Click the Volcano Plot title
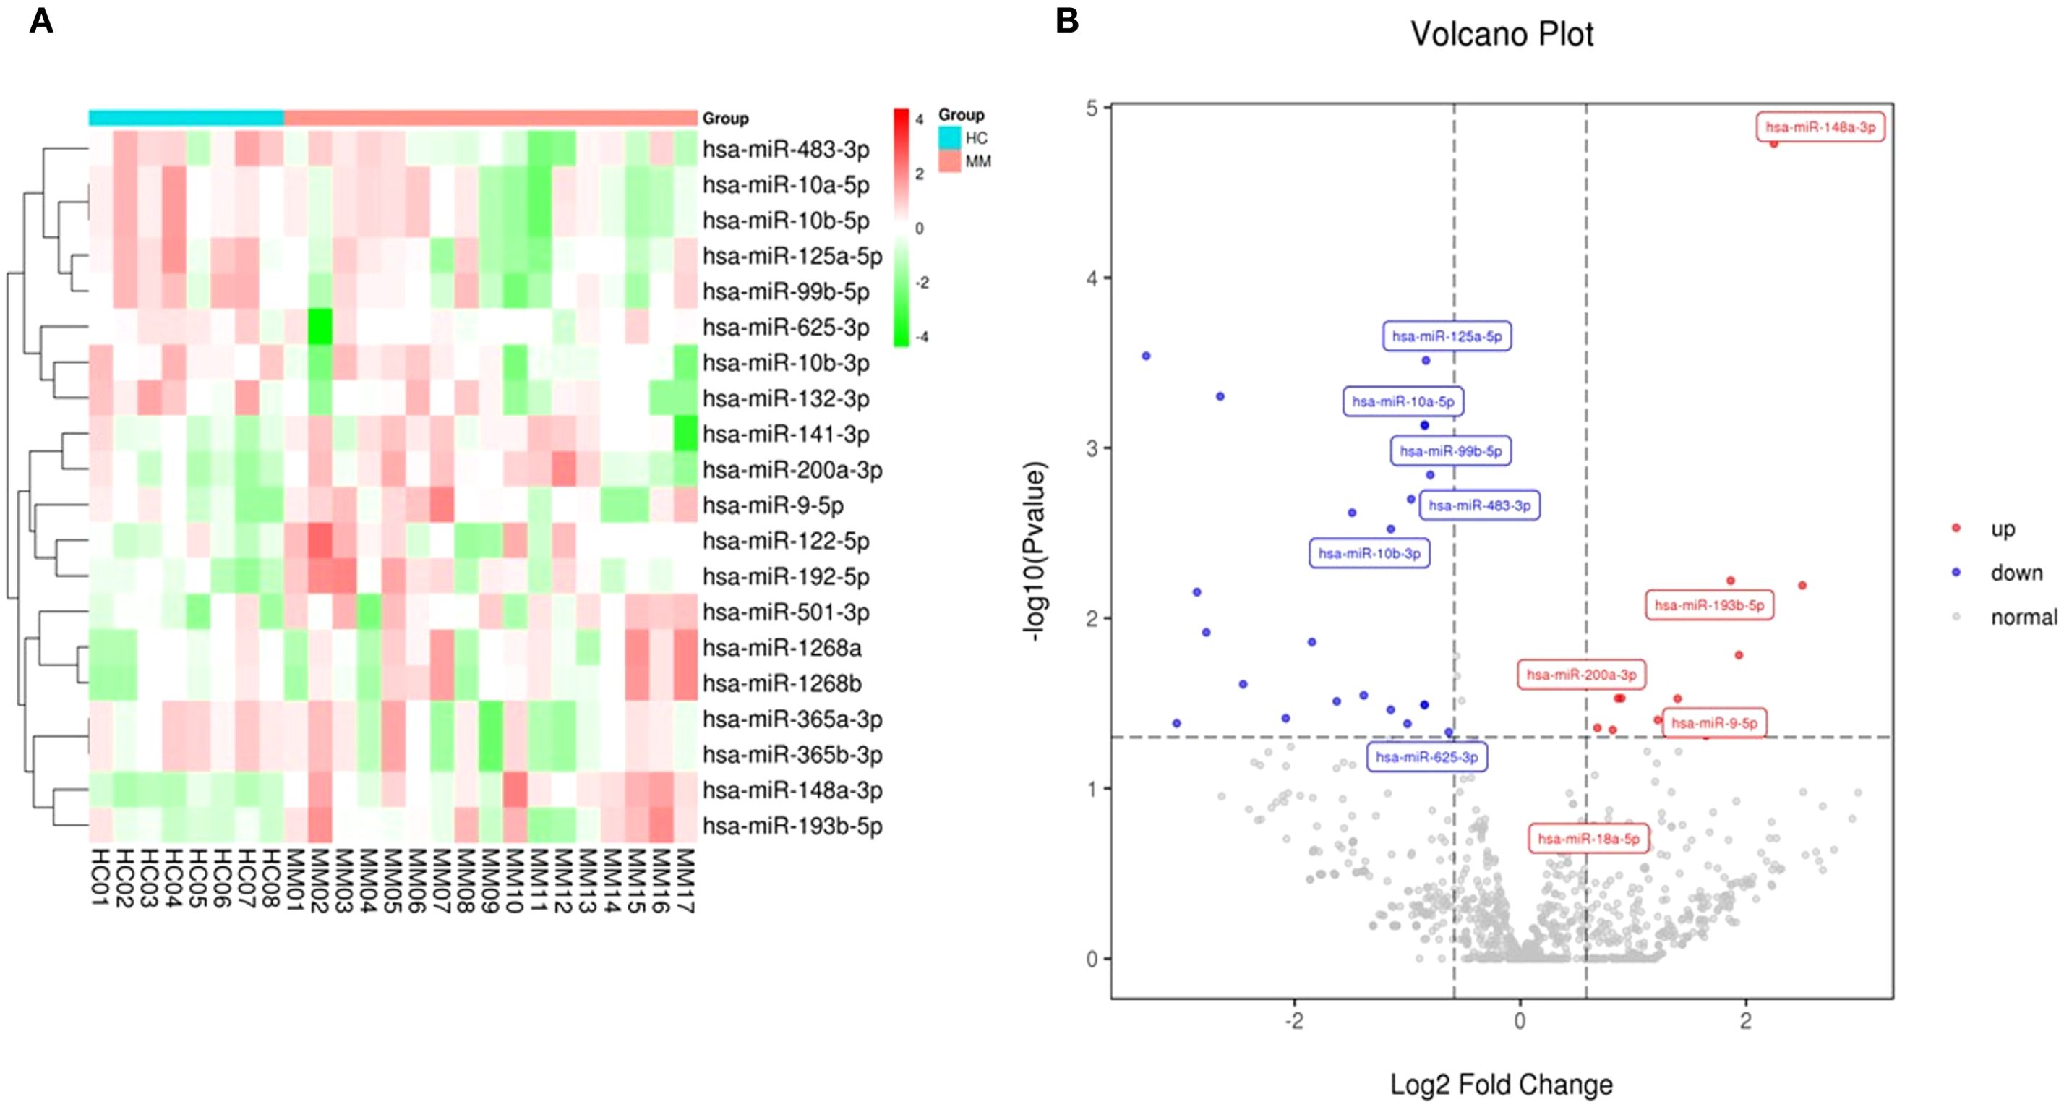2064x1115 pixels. pyautogui.click(x=1502, y=35)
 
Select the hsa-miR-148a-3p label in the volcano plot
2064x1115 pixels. pyautogui.click(x=1820, y=127)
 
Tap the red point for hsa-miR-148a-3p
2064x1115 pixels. pyautogui.click(x=1774, y=143)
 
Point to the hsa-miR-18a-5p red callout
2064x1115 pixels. pyautogui.click(x=1589, y=839)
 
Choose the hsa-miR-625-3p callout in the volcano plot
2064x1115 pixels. pyautogui.click(x=1426, y=756)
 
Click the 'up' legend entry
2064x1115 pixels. pyautogui.click(x=2003, y=529)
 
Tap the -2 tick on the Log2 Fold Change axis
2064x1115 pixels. pyautogui.click(x=1294, y=1021)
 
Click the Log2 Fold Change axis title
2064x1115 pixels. pyautogui.click(x=1501, y=1085)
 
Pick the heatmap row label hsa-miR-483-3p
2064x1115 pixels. pyautogui.click(x=785, y=150)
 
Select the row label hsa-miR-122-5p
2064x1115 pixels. pyautogui.click(x=785, y=541)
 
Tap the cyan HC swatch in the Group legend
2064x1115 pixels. pyautogui.click(x=949, y=138)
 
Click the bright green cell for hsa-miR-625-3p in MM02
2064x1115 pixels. pyautogui.click(x=320, y=327)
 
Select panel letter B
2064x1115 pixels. pyautogui.click(x=1067, y=21)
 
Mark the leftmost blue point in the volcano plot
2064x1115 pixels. pyautogui.click(x=1146, y=356)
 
